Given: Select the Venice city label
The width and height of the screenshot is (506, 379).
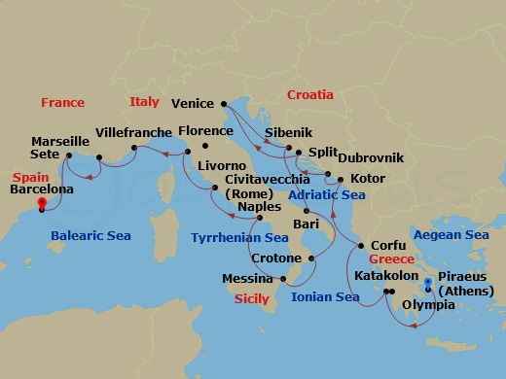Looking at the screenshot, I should (192, 103).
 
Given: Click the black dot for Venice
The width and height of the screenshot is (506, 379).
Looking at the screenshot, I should (223, 102).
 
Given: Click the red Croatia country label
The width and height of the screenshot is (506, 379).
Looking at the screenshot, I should (309, 95).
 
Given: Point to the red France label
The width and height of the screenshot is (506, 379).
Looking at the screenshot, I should (62, 102).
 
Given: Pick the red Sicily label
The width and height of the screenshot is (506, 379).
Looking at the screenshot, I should (252, 299).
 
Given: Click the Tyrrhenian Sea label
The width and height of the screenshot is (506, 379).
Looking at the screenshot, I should (238, 237).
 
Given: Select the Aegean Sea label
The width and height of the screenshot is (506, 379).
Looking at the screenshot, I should (451, 235).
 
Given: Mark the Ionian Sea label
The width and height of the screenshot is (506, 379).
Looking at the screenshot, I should (325, 296).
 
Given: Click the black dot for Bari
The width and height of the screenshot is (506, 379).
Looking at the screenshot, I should (305, 212).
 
